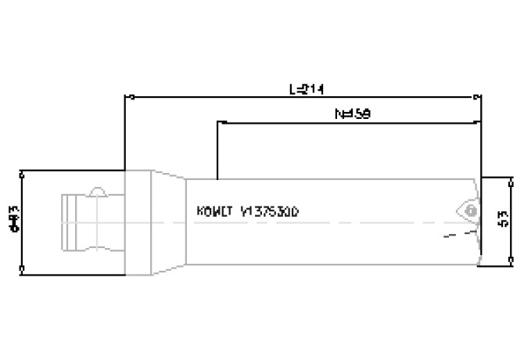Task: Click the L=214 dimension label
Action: click(x=306, y=89)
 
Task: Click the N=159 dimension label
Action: click(x=352, y=113)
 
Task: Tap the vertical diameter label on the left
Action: click(x=13, y=222)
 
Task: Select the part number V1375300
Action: click(x=270, y=212)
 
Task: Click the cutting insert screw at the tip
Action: click(x=468, y=211)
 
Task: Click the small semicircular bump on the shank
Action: click(x=98, y=192)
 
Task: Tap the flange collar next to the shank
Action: click(x=137, y=222)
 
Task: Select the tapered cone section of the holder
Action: click(x=169, y=222)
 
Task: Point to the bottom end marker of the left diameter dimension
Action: click(x=23, y=272)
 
